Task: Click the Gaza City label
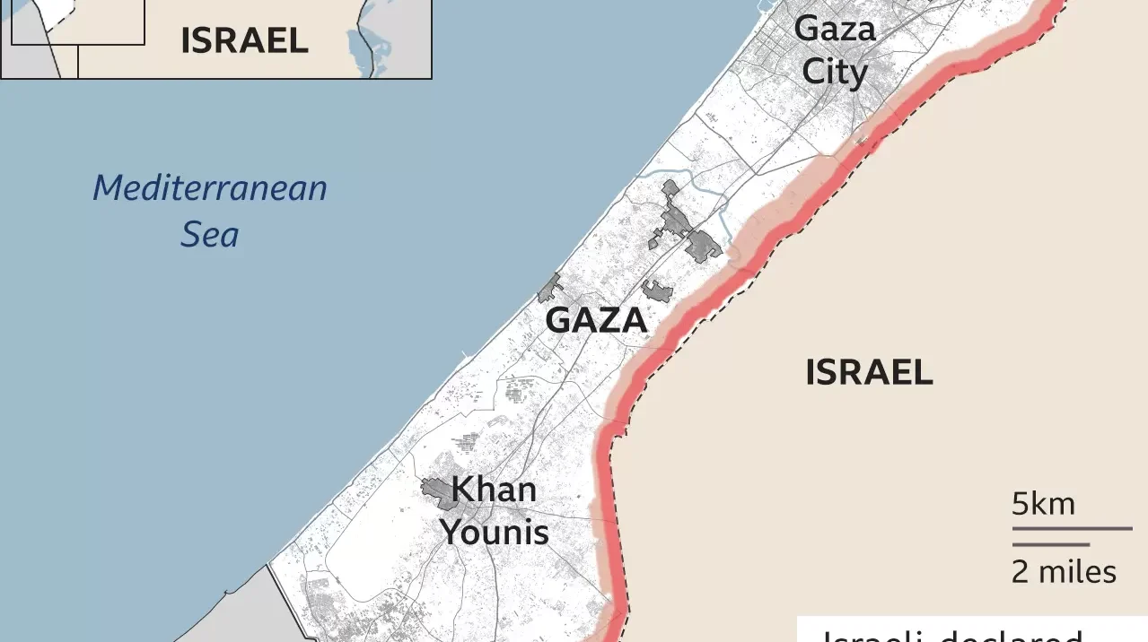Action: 835,50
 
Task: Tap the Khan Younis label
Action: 494,511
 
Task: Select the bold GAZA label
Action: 597,320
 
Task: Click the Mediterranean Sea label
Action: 210,212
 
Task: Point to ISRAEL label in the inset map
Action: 244,40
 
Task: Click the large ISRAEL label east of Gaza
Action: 869,372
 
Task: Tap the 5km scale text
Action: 1043,504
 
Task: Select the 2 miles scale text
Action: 1064,571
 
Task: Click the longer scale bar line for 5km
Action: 1072,528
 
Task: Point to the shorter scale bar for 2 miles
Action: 1051,544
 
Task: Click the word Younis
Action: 495,533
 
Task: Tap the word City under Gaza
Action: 835,72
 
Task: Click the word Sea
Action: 210,235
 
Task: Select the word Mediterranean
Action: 210,188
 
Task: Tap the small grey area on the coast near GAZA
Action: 549,290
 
